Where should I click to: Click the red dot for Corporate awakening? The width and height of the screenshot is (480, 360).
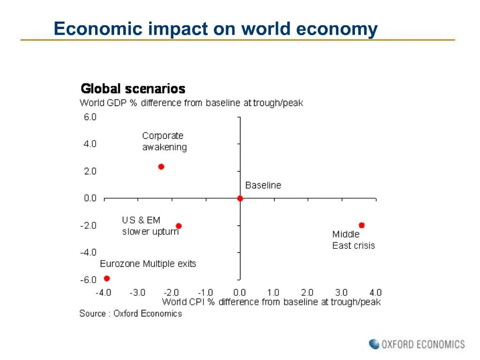pyautogui.click(x=161, y=166)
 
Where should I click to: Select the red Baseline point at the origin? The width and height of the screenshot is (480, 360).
pyautogui.click(x=240, y=198)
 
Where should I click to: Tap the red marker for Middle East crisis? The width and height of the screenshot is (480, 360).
pyautogui.click(x=361, y=225)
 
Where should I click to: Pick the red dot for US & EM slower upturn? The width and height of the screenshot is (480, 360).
pyautogui.click(x=179, y=226)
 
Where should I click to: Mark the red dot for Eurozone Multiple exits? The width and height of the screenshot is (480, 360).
pyautogui.click(x=107, y=278)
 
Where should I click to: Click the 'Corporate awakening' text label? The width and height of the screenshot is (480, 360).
pyautogui.click(x=164, y=141)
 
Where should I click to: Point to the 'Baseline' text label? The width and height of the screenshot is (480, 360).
pyautogui.click(x=263, y=185)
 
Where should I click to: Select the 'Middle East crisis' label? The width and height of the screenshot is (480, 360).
pyautogui.click(x=353, y=240)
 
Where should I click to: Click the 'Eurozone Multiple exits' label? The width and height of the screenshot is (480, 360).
pyautogui.click(x=148, y=264)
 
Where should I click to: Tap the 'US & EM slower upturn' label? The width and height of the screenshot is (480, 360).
pyautogui.click(x=150, y=225)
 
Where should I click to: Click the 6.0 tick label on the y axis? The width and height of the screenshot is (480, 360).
pyautogui.click(x=90, y=117)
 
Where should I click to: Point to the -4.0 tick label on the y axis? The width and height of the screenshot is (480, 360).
pyautogui.click(x=88, y=252)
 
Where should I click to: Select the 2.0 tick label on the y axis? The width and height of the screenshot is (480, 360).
pyautogui.click(x=90, y=171)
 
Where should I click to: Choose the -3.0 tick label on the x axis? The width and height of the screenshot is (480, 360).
pyautogui.click(x=137, y=292)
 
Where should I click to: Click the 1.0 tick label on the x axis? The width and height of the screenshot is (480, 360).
pyautogui.click(x=273, y=292)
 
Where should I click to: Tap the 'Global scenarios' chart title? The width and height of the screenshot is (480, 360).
pyautogui.click(x=133, y=89)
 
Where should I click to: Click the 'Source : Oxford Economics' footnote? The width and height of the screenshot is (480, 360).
pyautogui.click(x=130, y=314)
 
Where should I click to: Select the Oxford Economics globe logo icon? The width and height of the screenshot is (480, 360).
pyautogui.click(x=374, y=344)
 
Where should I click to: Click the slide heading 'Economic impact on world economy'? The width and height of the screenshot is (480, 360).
pyautogui.click(x=216, y=29)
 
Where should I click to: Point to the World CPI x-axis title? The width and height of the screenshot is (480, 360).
pyautogui.click(x=271, y=302)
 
